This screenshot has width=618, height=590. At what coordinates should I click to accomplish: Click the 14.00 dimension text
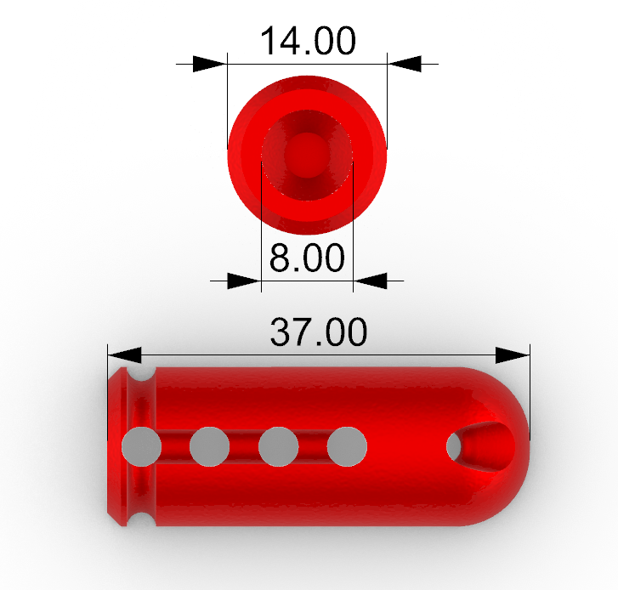(x=307, y=41)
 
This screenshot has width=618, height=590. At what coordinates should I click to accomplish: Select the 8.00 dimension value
(x=307, y=258)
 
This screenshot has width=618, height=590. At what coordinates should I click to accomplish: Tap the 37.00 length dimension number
(x=319, y=332)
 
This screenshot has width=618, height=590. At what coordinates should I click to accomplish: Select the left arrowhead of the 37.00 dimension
(x=123, y=354)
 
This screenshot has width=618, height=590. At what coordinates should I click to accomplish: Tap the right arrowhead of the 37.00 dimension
(x=513, y=354)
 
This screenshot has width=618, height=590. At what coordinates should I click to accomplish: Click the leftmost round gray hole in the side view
(x=141, y=447)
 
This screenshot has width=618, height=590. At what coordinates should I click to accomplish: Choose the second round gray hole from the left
(x=210, y=447)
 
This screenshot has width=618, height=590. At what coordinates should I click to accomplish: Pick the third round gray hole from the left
(x=278, y=447)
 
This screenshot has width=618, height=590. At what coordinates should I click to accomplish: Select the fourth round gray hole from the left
(x=347, y=447)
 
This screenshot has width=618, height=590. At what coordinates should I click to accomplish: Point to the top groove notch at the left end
(x=139, y=375)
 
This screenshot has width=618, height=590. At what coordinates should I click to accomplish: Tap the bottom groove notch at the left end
(x=139, y=518)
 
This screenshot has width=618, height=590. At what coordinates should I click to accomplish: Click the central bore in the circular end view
(x=306, y=155)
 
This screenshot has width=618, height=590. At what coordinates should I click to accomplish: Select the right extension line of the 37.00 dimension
(x=530, y=391)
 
